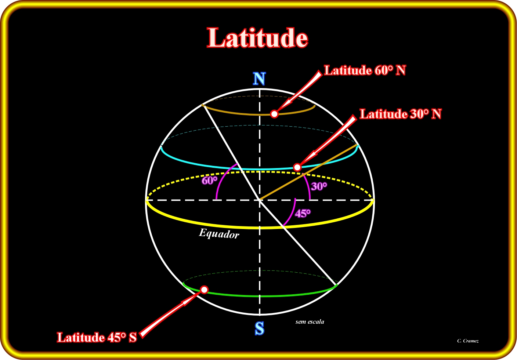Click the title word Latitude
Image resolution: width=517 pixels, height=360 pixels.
click(x=257, y=37)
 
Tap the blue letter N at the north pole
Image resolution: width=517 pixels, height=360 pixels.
click(x=260, y=79)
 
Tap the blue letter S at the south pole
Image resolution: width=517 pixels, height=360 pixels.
click(x=260, y=328)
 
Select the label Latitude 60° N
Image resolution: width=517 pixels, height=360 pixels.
click(x=365, y=70)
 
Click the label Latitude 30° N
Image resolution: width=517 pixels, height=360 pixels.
click(x=401, y=114)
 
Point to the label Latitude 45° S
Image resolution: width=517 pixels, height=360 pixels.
click(x=97, y=337)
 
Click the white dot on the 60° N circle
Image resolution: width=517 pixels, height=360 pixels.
click(x=274, y=114)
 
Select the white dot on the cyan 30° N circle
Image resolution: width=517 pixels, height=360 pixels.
click(x=297, y=167)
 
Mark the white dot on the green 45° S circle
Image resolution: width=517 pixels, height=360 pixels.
click(x=204, y=290)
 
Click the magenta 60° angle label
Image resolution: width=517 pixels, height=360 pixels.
click(x=210, y=181)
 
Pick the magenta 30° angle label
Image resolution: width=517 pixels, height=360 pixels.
click(x=319, y=186)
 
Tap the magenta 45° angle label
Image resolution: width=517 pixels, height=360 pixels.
click(x=303, y=213)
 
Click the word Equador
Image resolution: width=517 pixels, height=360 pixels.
click(x=219, y=233)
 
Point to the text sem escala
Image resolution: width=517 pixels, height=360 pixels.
click(x=310, y=322)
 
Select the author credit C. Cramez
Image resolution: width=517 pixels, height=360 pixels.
click(x=467, y=341)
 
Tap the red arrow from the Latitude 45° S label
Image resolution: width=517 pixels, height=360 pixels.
click(x=170, y=314)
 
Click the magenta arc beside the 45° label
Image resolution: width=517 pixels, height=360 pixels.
click(x=291, y=213)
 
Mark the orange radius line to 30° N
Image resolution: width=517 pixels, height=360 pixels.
click(x=308, y=172)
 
